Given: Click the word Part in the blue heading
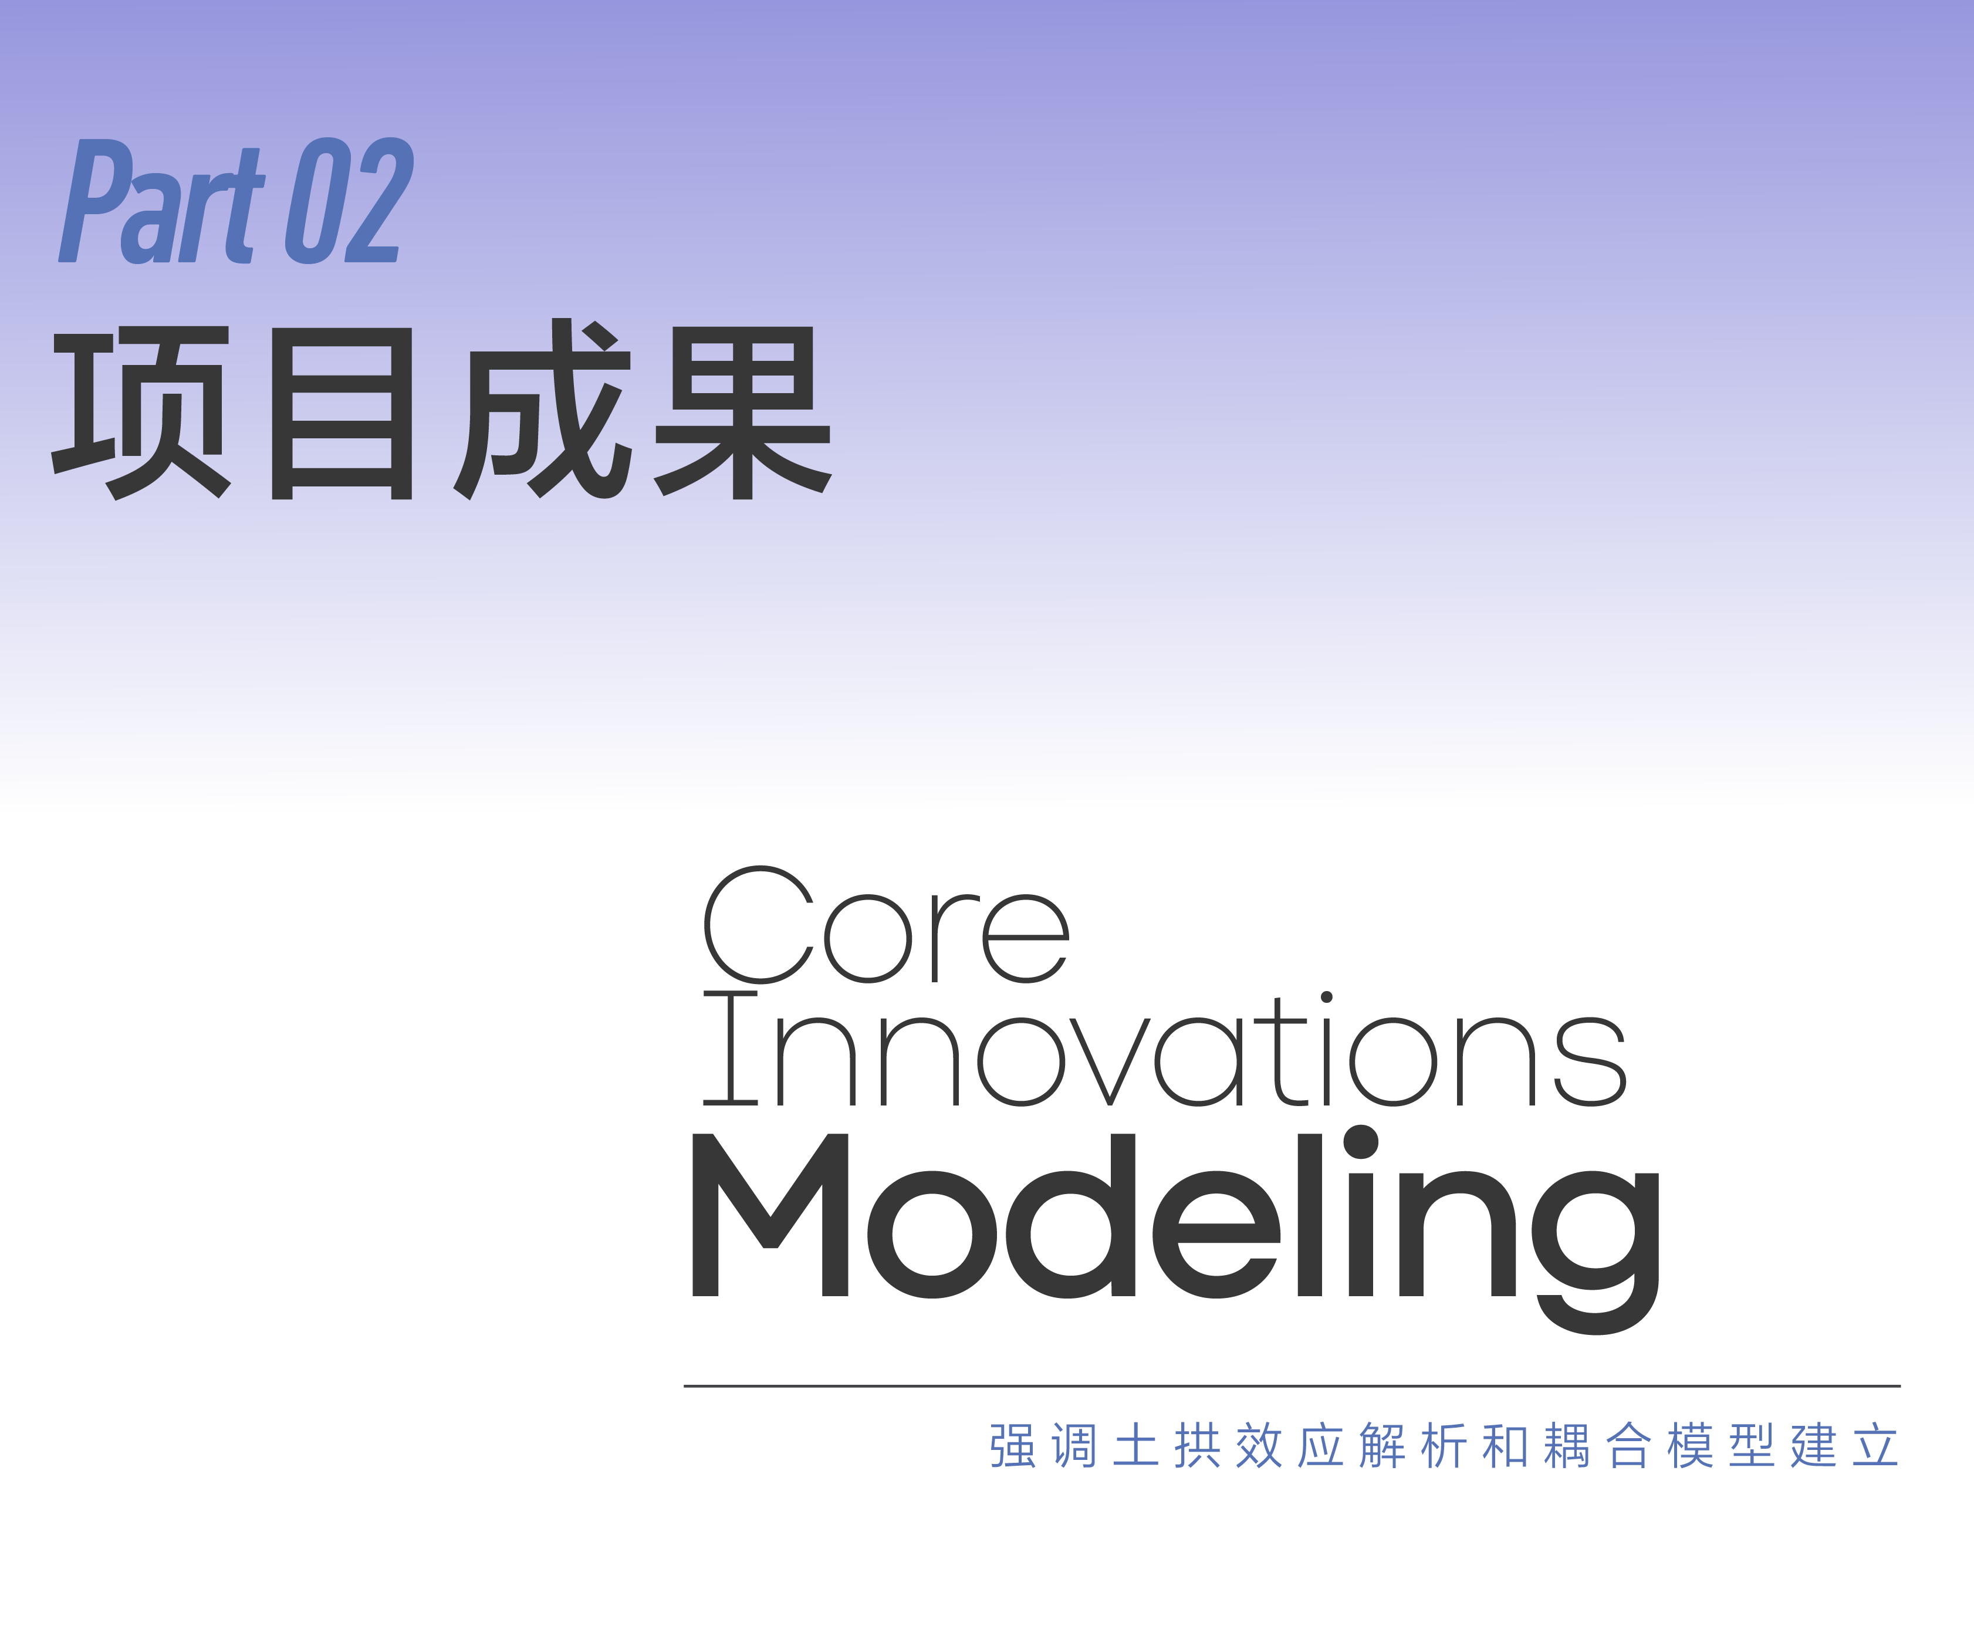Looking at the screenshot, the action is coord(162,201).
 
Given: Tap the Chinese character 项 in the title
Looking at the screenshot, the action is coord(141,412).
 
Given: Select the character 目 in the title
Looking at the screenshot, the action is coord(342,413).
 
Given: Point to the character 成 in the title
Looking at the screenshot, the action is coord(542,409).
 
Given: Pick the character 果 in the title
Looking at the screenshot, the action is coord(743,412).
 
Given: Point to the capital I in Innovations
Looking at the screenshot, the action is coord(731,1047).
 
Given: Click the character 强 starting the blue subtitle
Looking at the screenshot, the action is coord(1012,1446).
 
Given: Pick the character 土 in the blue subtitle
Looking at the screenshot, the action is coord(1135,1446).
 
